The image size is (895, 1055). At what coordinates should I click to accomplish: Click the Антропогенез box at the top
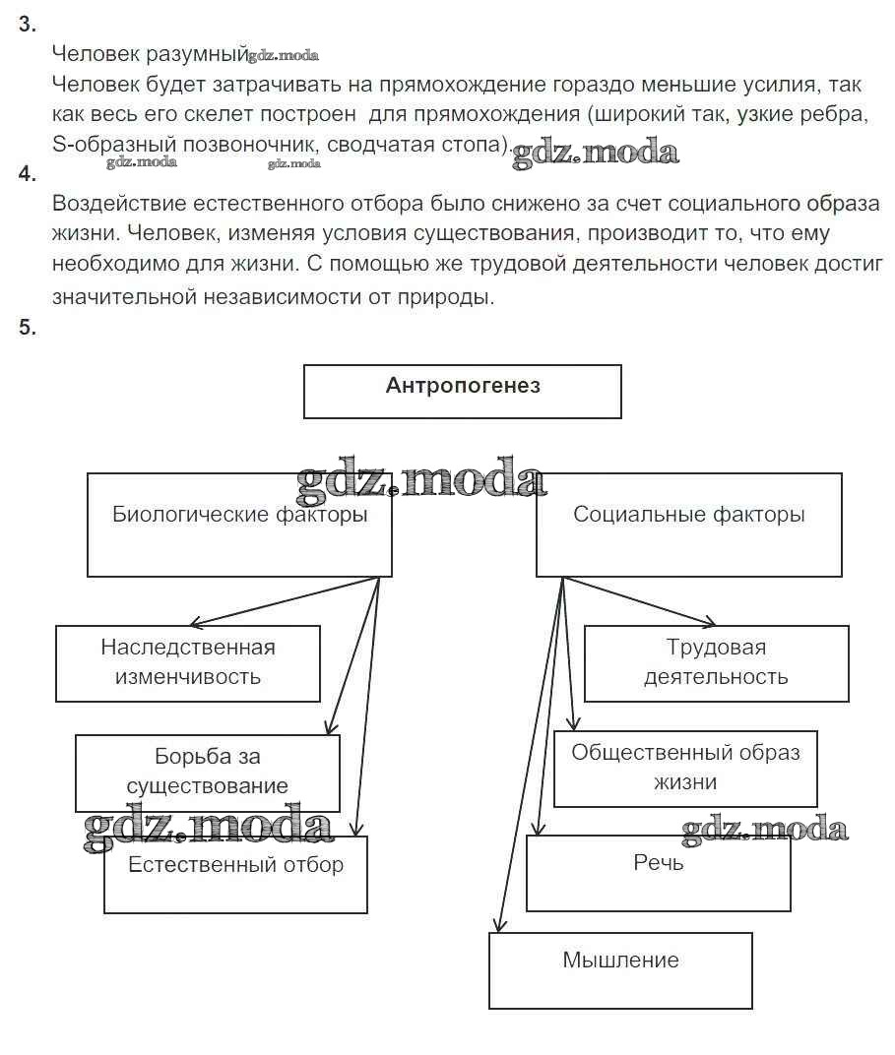point(463,391)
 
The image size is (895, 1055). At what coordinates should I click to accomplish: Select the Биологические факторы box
point(239,524)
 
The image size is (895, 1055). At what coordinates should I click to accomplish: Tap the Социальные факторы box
point(688,524)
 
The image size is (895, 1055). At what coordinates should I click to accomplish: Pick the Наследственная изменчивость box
point(188,662)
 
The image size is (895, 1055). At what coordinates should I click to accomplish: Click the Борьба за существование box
point(208,772)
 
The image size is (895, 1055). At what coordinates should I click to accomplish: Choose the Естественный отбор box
point(235,875)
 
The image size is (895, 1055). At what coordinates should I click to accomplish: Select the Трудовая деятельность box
point(716,662)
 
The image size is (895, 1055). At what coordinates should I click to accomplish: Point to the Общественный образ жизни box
point(685,768)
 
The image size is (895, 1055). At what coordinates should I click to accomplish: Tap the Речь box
point(658,873)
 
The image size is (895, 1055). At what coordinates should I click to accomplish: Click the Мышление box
point(620,969)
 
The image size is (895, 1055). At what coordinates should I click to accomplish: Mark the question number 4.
point(27,174)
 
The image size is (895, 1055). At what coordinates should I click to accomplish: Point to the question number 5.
point(27,328)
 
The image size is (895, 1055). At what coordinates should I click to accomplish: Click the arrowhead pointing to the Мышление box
point(499,926)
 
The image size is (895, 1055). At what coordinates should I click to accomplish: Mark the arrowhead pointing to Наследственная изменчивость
point(195,622)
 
